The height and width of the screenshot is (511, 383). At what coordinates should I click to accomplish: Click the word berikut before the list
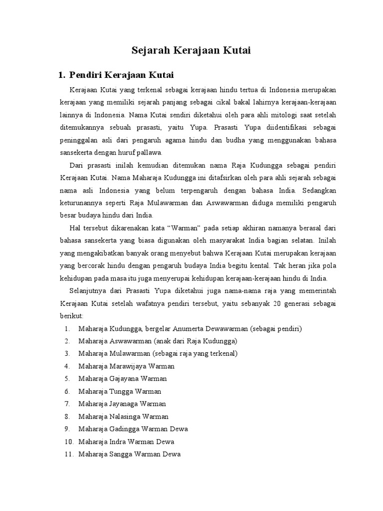click(x=71, y=315)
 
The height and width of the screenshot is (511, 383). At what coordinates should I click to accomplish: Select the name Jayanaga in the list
click(x=125, y=404)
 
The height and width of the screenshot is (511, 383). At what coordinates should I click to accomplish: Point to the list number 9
click(x=67, y=429)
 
